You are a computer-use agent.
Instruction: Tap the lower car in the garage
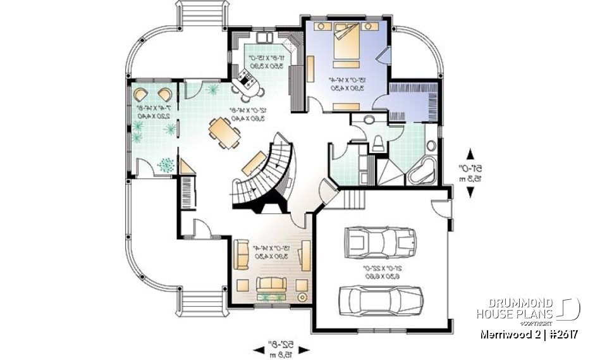tap(381, 298)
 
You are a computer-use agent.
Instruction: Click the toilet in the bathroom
tap(378, 143)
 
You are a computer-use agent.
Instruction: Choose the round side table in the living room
tap(302, 296)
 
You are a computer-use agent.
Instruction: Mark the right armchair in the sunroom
tap(164, 95)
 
